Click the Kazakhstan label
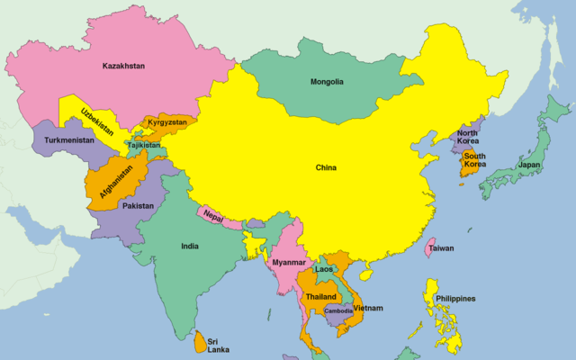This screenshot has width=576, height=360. [124, 66]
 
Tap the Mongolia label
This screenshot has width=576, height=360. [327, 82]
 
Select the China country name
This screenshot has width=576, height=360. [326, 168]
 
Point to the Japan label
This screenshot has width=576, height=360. [529, 165]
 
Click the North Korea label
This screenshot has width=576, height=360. [467, 135]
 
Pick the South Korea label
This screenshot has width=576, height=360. [475, 160]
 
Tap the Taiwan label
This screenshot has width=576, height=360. [441, 247]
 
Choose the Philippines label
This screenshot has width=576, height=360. [455, 299]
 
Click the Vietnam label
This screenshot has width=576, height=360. [368, 308]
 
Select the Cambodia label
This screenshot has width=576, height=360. [338, 311]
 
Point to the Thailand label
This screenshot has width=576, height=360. [321, 296]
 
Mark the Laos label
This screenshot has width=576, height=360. [324, 269]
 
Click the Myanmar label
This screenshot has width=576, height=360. [289, 262]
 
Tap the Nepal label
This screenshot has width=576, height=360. [213, 217]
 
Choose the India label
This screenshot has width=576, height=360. [190, 246]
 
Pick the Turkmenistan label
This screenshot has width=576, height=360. [68, 140]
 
